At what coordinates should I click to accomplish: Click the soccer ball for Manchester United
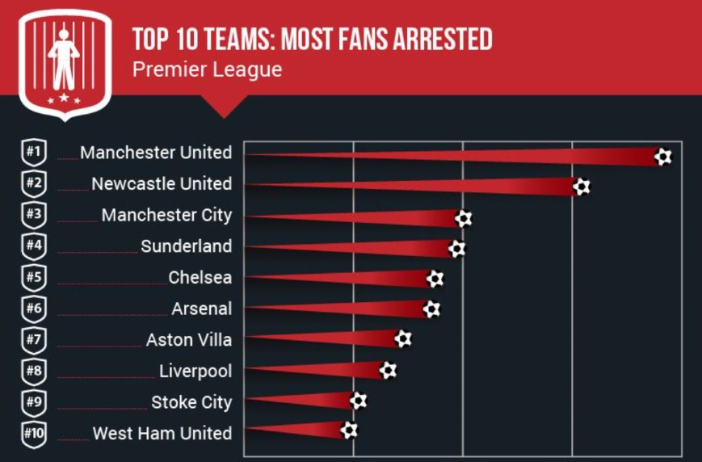[663, 156]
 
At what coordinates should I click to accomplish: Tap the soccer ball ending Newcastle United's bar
[582, 187]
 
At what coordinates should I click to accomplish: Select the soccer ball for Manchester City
[463, 218]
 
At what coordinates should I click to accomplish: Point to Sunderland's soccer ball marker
[456, 249]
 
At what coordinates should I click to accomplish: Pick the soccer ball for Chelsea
[435, 279]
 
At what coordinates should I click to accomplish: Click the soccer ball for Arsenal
[431, 309]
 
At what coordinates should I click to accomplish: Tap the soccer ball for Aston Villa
[403, 338]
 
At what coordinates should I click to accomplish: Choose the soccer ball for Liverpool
[388, 370]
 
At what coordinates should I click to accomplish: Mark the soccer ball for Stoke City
[358, 400]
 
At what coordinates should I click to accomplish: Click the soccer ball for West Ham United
[349, 430]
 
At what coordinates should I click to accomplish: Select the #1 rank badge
[34, 153]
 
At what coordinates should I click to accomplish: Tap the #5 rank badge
[34, 277]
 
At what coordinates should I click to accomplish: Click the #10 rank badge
[34, 433]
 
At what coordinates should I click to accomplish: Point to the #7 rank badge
[34, 339]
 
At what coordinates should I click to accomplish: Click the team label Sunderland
[186, 246]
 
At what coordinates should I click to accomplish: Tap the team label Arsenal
[201, 309]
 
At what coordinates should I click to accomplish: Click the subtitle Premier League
[207, 69]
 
